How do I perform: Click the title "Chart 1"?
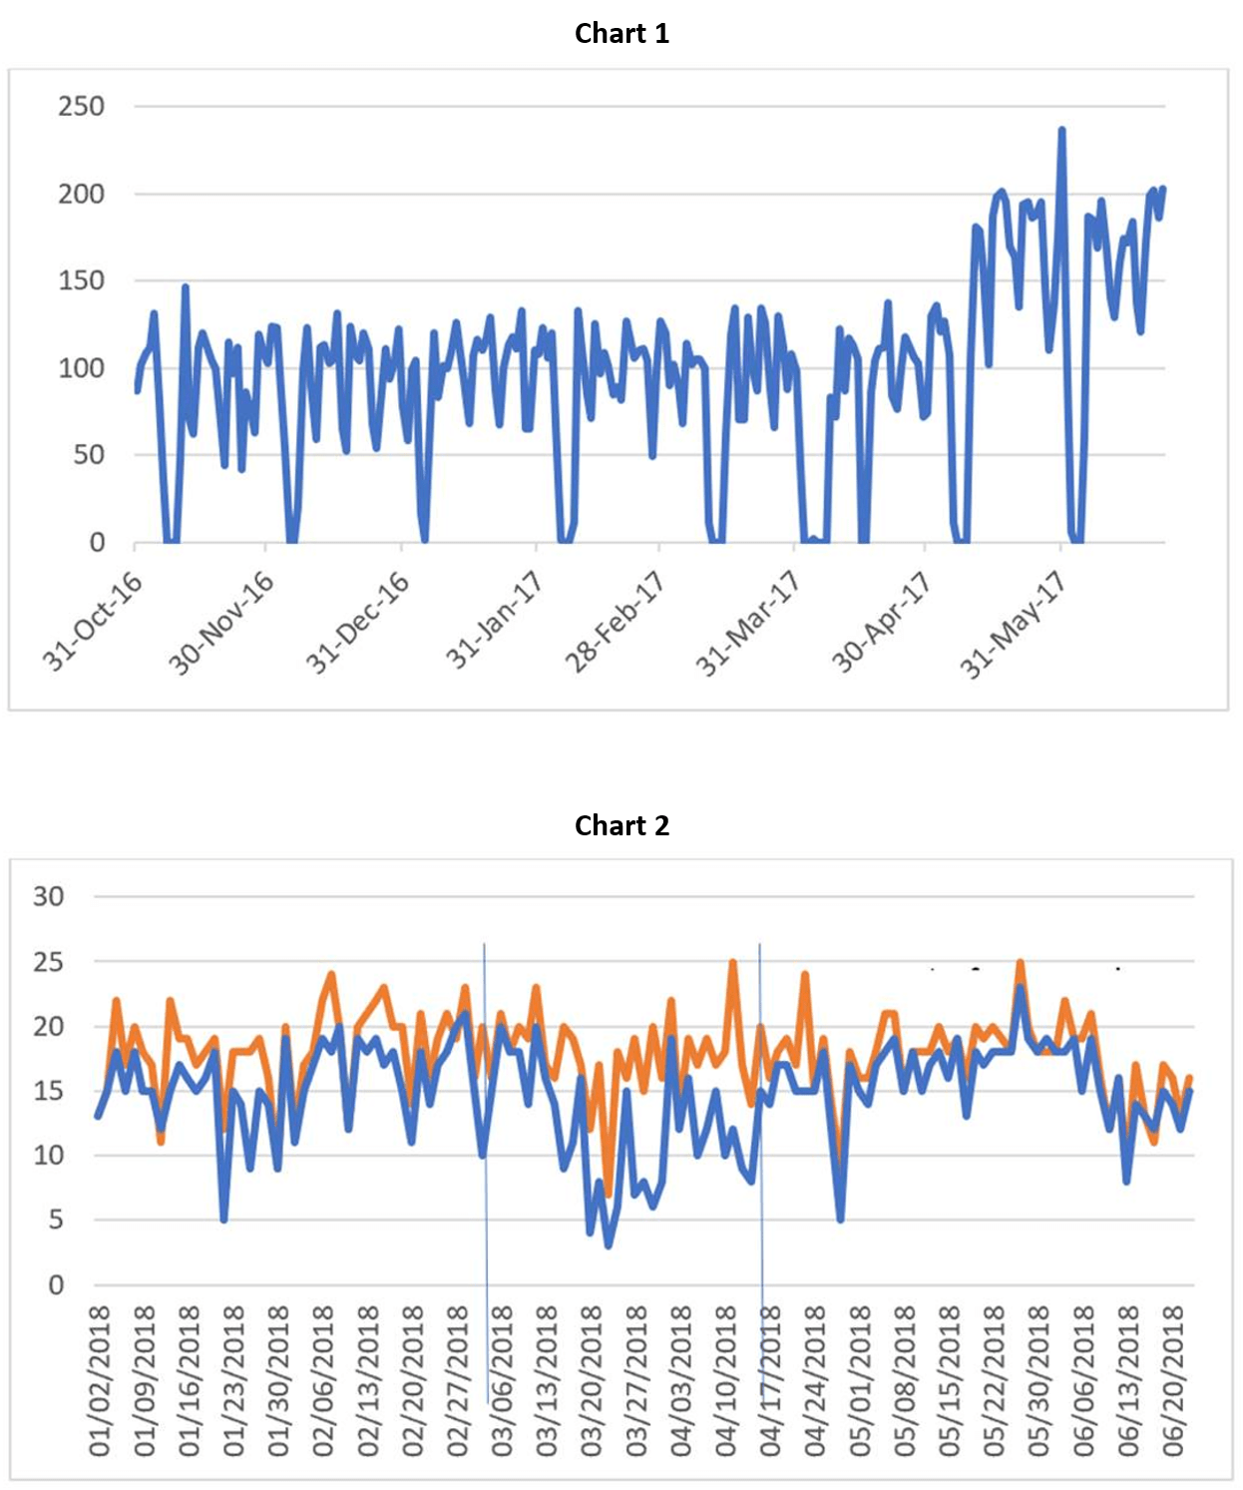(x=621, y=33)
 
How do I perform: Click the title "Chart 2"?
(x=621, y=825)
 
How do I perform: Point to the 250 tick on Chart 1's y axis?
(x=81, y=106)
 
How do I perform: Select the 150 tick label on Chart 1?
(x=81, y=280)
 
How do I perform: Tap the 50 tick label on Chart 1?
(x=88, y=455)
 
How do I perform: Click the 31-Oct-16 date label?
(x=93, y=621)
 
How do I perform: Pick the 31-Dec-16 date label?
(x=357, y=622)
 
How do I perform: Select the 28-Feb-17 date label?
(x=615, y=622)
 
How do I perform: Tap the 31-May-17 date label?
(x=1014, y=624)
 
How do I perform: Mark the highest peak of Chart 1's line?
(x=1061, y=129)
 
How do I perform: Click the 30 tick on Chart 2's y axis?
(x=48, y=896)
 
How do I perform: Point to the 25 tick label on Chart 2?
(x=48, y=962)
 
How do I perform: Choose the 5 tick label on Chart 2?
(x=56, y=1220)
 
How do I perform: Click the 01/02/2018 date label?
(x=99, y=1380)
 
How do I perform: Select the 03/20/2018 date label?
(x=592, y=1380)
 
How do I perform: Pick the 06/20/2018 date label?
(x=1173, y=1380)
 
